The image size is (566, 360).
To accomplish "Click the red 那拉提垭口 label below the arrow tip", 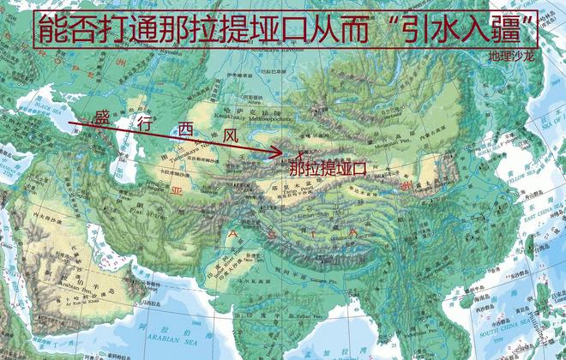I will click(x=327, y=169).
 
